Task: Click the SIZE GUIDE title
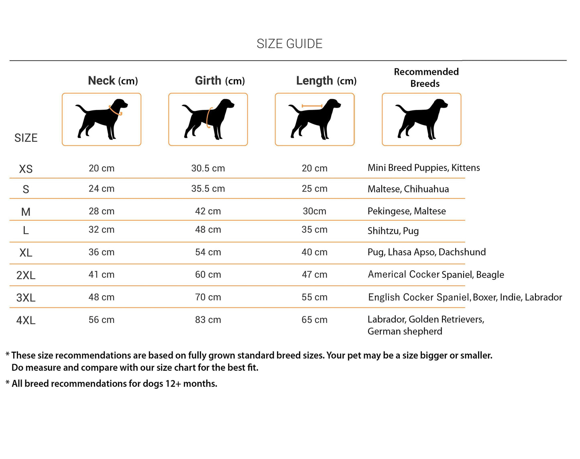289,44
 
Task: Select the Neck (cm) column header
113,81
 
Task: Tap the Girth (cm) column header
220,81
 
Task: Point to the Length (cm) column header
326,81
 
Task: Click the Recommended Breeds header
426,78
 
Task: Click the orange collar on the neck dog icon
116,111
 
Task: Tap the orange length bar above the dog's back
312,106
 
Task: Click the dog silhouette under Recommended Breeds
421,119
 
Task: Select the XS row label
26,169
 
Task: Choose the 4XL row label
26,320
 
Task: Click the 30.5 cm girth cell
208,168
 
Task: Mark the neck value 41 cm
102,275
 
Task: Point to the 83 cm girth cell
208,320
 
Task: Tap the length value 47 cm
314,275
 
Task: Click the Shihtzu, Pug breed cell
393,231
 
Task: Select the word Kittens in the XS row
466,167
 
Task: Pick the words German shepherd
405,331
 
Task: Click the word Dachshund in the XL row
462,252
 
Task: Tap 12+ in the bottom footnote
173,384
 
